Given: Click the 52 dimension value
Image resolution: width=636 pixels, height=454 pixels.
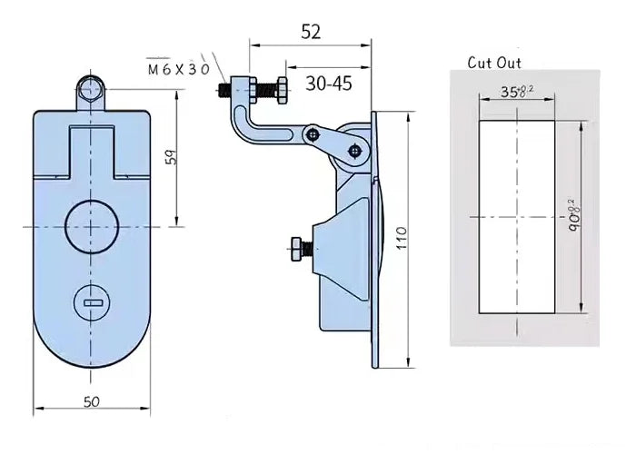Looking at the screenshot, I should click(x=311, y=31).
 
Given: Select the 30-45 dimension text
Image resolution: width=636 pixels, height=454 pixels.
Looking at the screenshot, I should click(x=328, y=84).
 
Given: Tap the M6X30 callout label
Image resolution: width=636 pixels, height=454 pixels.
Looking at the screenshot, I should click(x=177, y=68).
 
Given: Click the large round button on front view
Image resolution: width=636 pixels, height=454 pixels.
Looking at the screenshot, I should click(x=90, y=223).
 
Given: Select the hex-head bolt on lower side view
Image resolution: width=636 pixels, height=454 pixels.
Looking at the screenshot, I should click(x=299, y=248).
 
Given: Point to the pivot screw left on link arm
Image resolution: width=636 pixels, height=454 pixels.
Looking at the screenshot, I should click(x=313, y=134).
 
